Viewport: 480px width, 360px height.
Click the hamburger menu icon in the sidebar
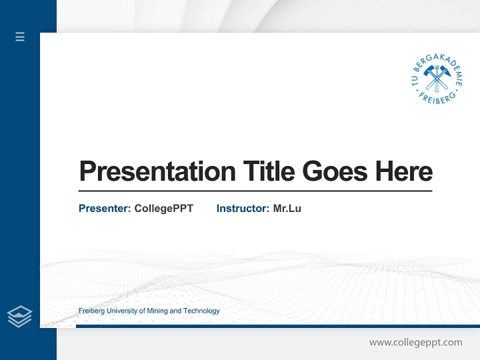point(20,36)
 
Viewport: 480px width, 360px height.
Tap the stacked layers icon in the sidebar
point(19,316)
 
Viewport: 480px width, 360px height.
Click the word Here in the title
point(404,171)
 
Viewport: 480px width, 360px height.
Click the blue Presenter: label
point(104,208)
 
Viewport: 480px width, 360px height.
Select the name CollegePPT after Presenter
point(163,208)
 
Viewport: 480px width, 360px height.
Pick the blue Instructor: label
point(242,208)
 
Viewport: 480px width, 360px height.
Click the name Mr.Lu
point(287,208)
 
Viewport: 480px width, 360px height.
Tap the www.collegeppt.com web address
point(415,342)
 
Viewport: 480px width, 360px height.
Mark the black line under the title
point(255,191)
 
